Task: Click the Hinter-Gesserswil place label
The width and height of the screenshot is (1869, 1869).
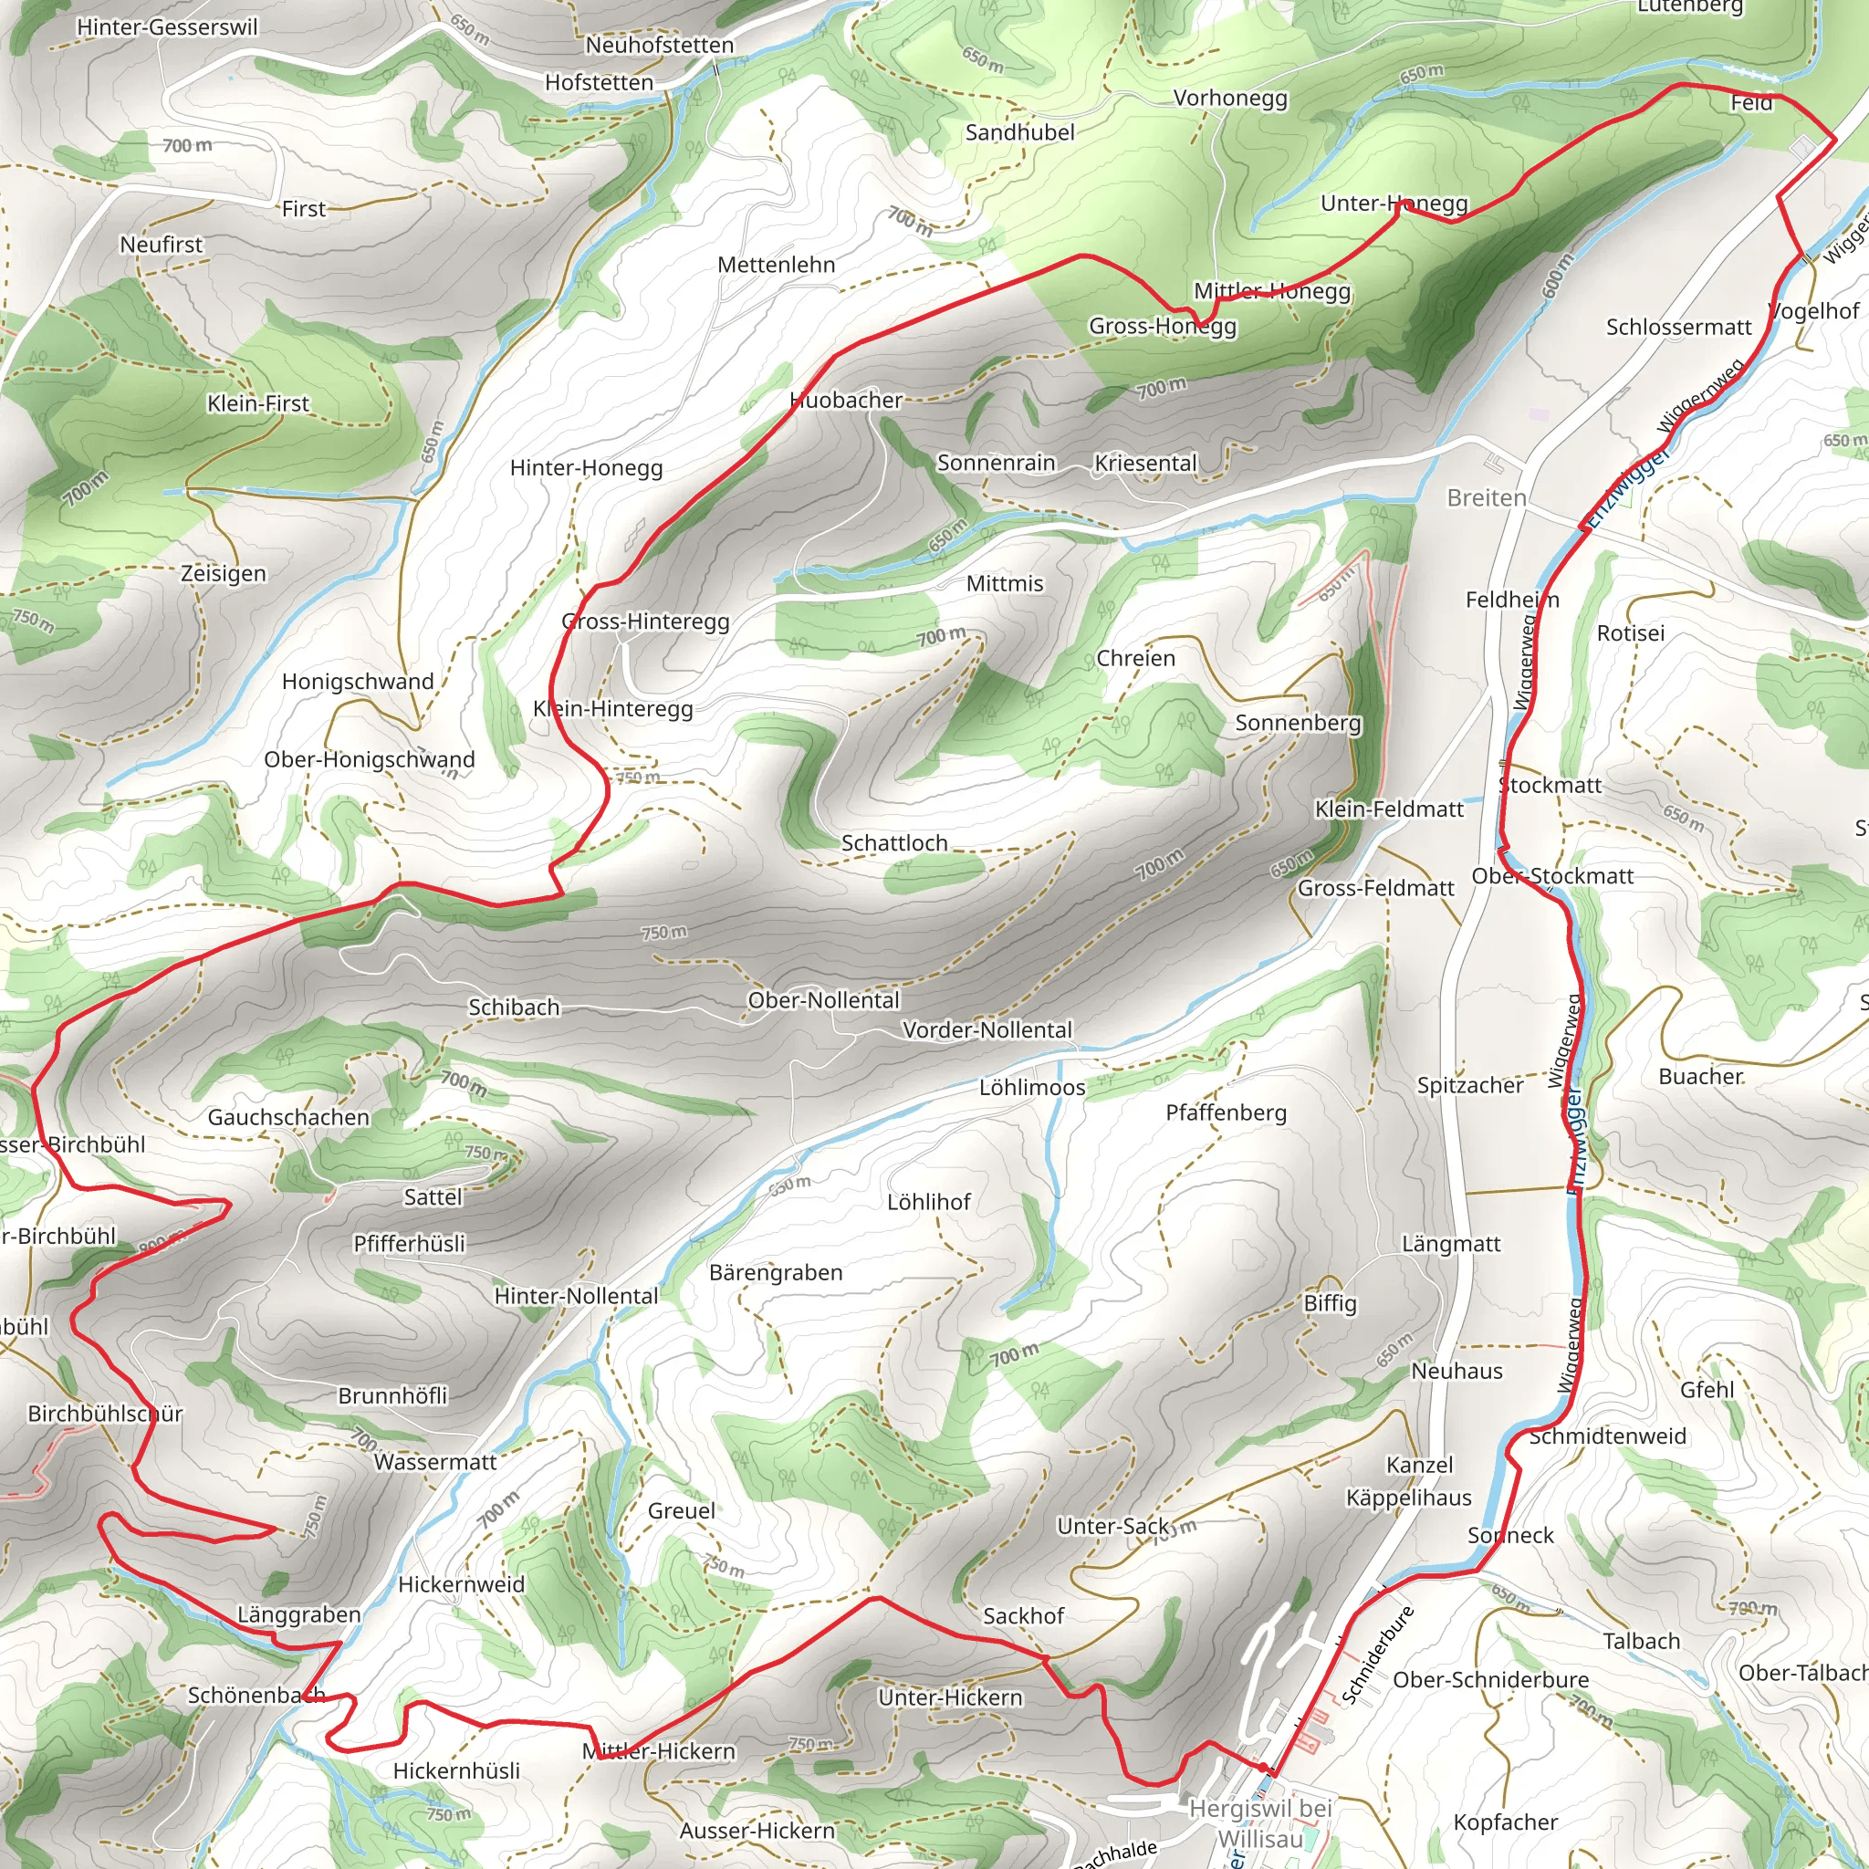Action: (x=167, y=27)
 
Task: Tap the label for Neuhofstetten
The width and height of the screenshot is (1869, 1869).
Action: (x=660, y=46)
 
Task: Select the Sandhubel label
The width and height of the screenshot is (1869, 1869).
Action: (x=1019, y=132)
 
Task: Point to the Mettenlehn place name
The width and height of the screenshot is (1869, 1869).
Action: (x=776, y=265)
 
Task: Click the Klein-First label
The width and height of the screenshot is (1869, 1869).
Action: (x=258, y=403)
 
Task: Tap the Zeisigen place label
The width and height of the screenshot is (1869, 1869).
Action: (x=224, y=574)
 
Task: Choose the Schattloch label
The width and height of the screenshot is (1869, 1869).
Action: (x=893, y=843)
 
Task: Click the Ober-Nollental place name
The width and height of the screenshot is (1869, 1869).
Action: (x=823, y=1000)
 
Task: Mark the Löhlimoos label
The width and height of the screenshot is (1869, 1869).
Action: (x=1032, y=1087)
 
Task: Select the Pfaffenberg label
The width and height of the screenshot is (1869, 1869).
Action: (x=1226, y=1112)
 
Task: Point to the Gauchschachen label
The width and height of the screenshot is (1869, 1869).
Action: (x=288, y=1117)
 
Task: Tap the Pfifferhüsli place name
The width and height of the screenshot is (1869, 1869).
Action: (x=409, y=1243)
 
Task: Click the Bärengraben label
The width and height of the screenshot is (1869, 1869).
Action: (x=776, y=1273)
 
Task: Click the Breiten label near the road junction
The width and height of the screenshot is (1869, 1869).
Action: (x=1486, y=498)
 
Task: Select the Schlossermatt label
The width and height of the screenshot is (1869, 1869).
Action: (x=1678, y=327)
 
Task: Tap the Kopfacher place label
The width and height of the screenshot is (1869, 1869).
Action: (x=1505, y=1822)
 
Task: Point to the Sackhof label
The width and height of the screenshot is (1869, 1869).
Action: (x=1024, y=1615)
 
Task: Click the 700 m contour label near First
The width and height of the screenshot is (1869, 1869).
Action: (x=187, y=146)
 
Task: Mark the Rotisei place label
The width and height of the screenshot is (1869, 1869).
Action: (x=1630, y=633)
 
